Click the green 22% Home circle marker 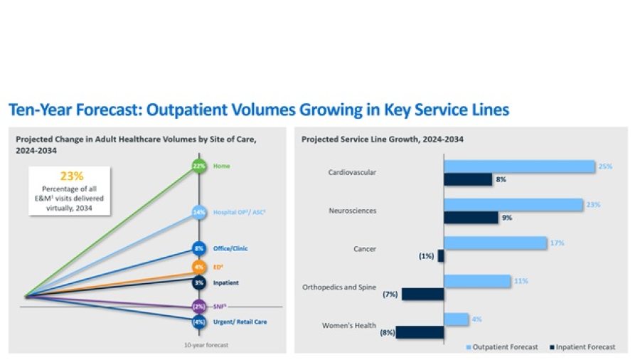point(199,166)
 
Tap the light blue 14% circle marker point(199,212)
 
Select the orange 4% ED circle point(199,268)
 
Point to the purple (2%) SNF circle point(199,307)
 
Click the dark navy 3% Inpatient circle point(199,282)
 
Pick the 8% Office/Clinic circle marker point(199,248)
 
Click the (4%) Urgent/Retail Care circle point(199,322)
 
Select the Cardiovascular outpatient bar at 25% point(519,166)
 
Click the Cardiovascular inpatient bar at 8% point(468,180)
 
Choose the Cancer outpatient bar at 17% point(495,243)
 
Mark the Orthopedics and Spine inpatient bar point(423,295)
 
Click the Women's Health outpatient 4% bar point(457,319)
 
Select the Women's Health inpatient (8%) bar point(420,332)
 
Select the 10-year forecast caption point(206,345)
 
